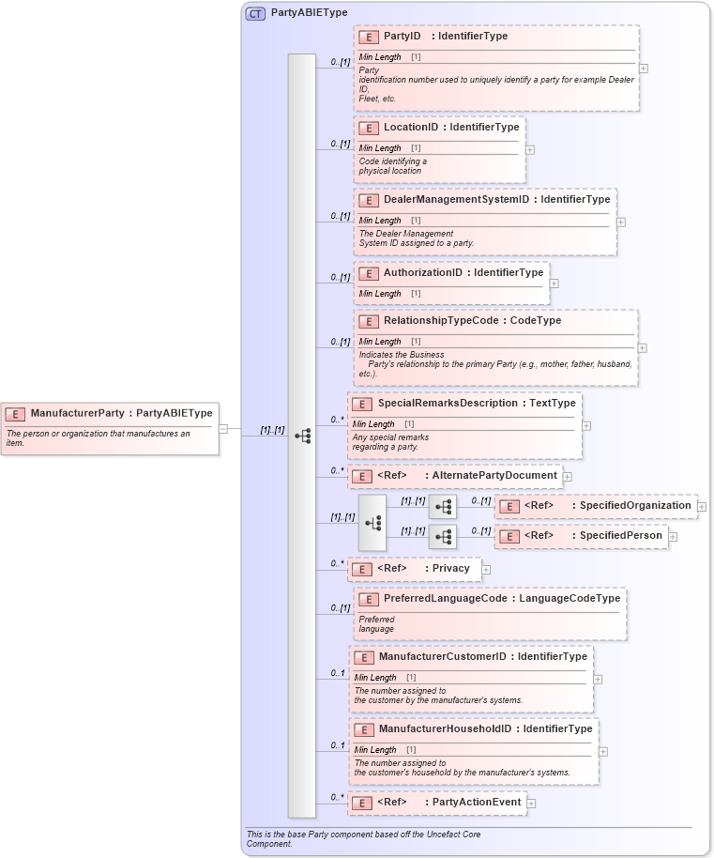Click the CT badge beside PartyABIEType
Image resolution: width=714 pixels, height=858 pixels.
[255, 13]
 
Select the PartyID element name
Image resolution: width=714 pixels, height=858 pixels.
[403, 37]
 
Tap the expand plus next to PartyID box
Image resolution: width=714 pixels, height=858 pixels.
[643, 68]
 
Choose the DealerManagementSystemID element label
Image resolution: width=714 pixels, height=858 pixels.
[456, 199]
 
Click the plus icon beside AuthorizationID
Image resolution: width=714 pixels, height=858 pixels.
[554, 283]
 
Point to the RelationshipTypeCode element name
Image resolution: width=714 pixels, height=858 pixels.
[444, 320]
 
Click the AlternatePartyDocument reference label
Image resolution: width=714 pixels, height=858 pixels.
[494, 475]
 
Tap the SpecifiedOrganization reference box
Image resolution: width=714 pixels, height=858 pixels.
[596, 506]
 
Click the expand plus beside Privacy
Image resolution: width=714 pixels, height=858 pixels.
[486, 569]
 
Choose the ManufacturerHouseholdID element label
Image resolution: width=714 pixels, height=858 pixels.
[445, 728]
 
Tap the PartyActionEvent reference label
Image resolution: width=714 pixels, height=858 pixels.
[476, 803]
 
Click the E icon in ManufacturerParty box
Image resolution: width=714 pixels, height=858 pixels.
[15, 413]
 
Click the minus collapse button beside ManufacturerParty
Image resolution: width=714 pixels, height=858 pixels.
[223, 429]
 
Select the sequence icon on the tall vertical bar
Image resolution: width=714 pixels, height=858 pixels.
[302, 436]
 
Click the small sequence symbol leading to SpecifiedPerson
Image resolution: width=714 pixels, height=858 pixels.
[443, 537]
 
